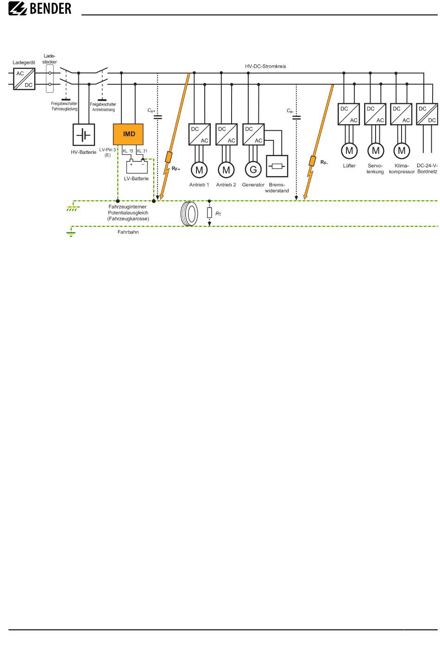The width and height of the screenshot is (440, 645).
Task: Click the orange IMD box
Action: (x=128, y=134)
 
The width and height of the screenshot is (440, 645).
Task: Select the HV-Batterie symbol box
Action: (x=84, y=135)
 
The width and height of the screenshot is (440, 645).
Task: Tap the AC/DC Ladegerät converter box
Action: (x=24, y=79)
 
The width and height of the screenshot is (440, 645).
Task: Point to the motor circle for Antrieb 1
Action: (x=199, y=170)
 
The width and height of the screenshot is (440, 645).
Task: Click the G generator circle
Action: (x=253, y=170)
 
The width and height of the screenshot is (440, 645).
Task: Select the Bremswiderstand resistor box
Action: (x=277, y=166)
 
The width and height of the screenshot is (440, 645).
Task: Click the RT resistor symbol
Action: (x=209, y=213)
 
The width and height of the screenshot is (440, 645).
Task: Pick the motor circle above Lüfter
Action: (x=350, y=151)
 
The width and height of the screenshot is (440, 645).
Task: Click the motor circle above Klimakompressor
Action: (x=402, y=151)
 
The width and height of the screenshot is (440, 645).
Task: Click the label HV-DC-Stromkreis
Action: (x=265, y=66)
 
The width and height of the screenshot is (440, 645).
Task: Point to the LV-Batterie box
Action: (x=137, y=166)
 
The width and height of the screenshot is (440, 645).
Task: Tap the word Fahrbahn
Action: (x=128, y=232)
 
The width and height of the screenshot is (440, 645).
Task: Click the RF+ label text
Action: (x=176, y=169)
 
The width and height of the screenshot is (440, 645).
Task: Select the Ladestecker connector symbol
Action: (x=50, y=79)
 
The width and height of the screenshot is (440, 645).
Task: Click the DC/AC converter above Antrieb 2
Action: (x=226, y=134)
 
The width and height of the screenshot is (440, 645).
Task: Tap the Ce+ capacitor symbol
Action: (x=158, y=117)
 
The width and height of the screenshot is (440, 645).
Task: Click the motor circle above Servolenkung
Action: (x=376, y=151)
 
